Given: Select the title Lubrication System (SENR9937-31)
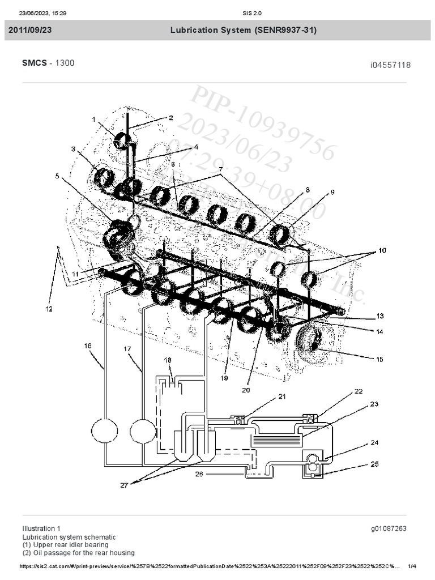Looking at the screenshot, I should point(244,31).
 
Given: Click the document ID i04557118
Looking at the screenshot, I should point(390,65).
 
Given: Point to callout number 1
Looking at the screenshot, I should point(95,120).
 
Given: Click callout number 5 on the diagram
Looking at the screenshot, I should point(57,176).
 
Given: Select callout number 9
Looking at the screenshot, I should point(332,192).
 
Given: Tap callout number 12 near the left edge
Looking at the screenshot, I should point(49,309).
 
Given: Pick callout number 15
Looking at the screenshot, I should point(379,359).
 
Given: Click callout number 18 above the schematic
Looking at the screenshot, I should point(168,360).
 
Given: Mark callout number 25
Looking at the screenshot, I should point(375,464).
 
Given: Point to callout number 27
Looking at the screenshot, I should point(123,484).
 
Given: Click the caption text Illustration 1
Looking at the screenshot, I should point(41,528).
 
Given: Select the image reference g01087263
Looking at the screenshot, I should point(389,528).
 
